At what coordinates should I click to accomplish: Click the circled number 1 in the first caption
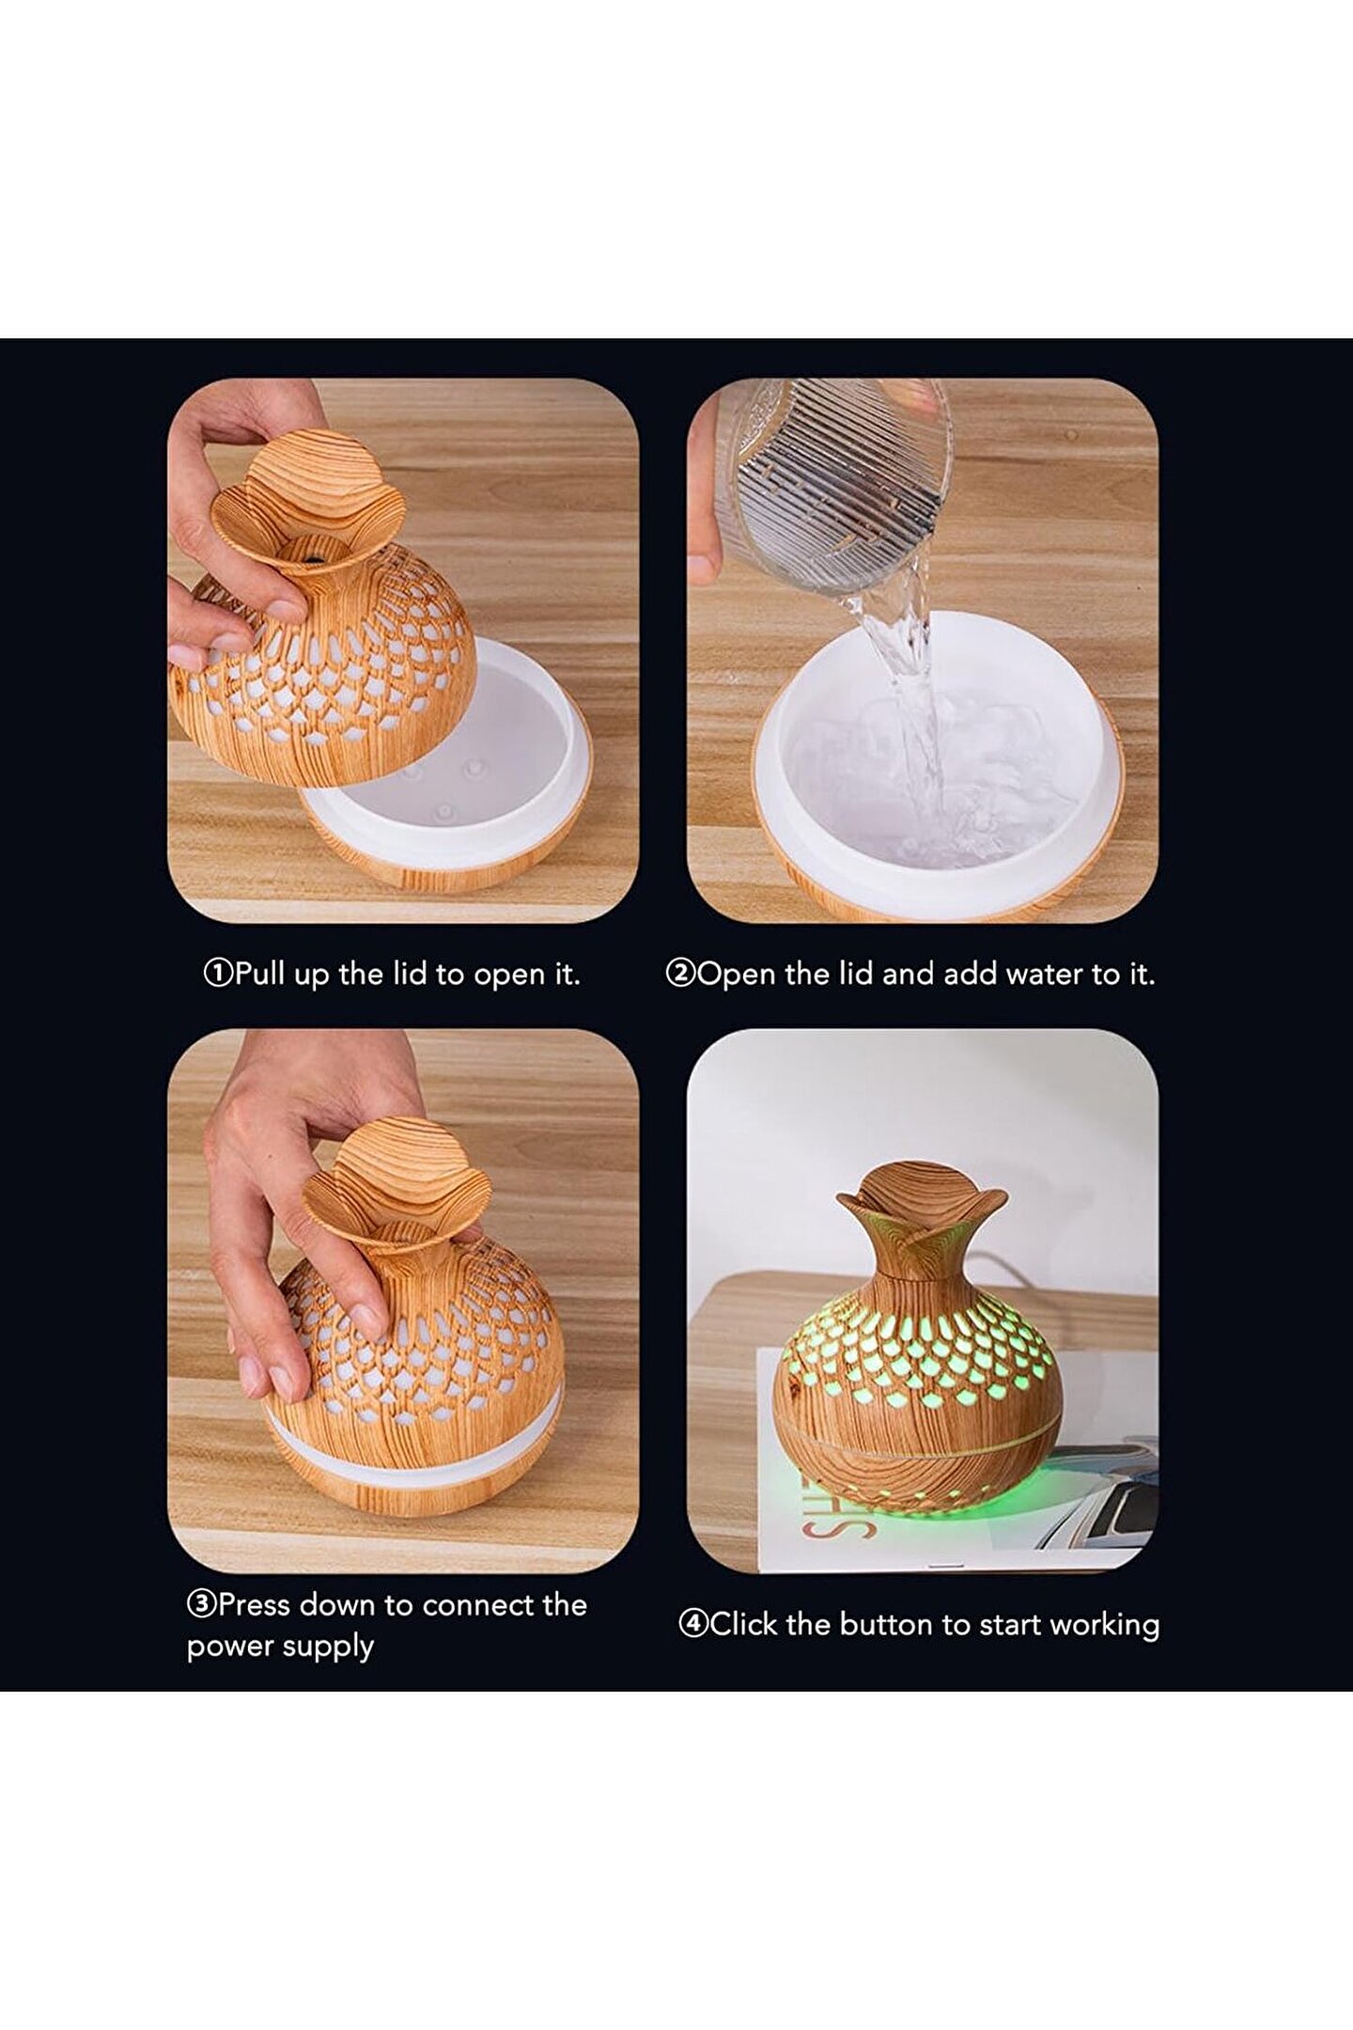218,974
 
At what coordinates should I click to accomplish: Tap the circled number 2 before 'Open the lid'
679,974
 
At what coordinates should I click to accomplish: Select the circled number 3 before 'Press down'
201,1604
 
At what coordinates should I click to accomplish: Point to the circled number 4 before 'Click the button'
692,1624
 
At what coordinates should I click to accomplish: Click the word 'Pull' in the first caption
260,974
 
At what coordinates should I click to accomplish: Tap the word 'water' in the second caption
1046,974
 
